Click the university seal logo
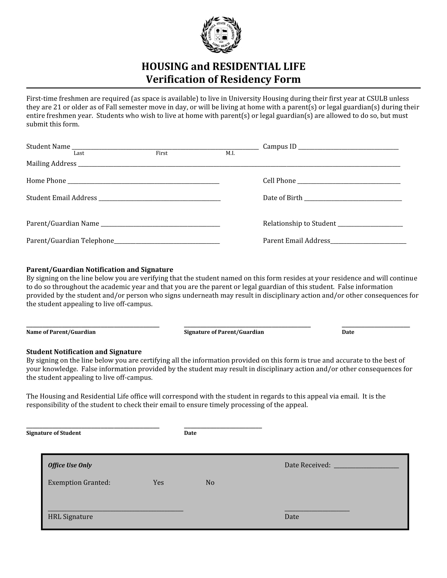point(221,35)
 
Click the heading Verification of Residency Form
point(223,79)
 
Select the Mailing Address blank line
point(239,165)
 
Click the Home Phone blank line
point(143,182)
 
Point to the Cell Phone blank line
point(349,182)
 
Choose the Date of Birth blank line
point(353,199)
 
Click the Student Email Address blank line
point(159,199)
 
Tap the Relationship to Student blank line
point(370,224)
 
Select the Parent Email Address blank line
point(368,241)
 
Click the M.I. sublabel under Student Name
point(230,153)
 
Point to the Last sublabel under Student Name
point(79,153)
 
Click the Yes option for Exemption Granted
point(158,482)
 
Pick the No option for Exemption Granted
point(210,482)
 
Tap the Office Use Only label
point(70,465)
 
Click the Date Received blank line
point(366,466)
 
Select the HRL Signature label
point(70,517)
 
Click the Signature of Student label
point(53,433)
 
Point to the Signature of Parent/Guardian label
point(224,332)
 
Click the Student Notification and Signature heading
point(84,352)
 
